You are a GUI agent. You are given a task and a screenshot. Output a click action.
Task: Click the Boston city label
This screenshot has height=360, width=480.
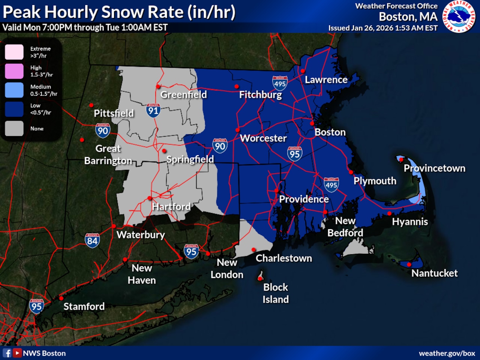pos(330,132)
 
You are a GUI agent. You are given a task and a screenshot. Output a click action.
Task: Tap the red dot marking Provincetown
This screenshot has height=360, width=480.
pos(401,160)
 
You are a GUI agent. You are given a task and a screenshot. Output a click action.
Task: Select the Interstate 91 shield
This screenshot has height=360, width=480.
pos(153,110)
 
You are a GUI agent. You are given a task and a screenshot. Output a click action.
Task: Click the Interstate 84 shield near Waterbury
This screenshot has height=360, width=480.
pos(92,240)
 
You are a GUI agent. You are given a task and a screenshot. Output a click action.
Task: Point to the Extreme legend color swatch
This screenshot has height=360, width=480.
pos(14,52)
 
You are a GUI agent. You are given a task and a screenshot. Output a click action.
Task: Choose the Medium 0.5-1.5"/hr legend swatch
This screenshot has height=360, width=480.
pos(14,90)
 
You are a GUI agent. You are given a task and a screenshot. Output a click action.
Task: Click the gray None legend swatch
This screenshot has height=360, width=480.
pos(14,128)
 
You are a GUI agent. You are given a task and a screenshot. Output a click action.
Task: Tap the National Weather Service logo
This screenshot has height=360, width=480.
pos(459,17)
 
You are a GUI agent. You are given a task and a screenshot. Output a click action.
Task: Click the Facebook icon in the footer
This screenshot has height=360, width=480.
pos(7,353)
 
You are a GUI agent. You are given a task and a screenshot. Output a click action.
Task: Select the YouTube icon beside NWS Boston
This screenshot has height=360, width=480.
pos(17,353)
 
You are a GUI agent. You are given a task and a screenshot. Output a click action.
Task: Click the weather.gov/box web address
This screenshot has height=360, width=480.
pos(447,353)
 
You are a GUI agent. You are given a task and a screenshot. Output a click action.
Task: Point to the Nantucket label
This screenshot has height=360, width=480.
pos(434,273)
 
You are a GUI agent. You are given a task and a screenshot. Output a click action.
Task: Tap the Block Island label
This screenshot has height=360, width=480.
pos(276,293)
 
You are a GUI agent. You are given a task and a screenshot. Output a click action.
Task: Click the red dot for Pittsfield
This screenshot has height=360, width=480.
pos(91,105)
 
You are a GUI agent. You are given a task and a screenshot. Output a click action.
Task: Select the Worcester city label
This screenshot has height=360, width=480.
pos(263,138)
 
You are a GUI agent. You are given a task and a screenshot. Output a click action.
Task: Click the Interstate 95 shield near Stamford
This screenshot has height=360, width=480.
pos(36,306)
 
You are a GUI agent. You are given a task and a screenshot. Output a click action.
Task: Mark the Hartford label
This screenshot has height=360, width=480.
pos(171,206)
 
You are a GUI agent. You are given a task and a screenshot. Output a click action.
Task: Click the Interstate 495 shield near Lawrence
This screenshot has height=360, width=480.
pos(280,83)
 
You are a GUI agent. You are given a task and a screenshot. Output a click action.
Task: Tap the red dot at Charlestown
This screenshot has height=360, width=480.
pos(254,250)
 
